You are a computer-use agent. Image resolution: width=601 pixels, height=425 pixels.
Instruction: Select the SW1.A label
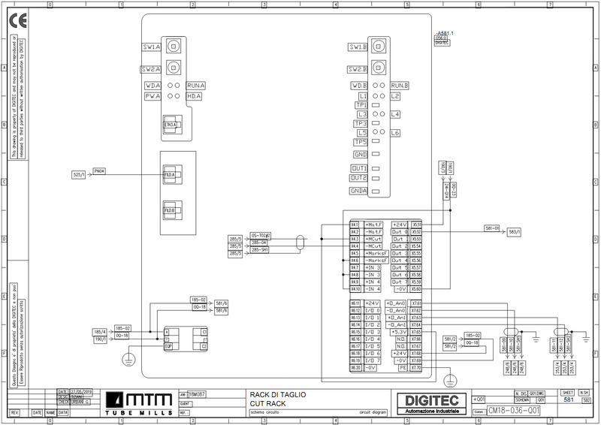pos(151,47)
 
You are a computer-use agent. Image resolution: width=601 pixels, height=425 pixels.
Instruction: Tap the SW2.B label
pos(358,68)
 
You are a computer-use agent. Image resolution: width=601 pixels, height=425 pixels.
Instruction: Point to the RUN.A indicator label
pos(196,86)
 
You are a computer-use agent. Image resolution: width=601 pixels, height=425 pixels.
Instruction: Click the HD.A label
pos(195,96)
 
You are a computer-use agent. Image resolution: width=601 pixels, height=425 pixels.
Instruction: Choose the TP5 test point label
pos(361,143)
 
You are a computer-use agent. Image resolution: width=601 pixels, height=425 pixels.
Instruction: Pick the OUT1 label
pos(359,168)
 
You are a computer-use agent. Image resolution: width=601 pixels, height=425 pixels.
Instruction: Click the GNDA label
pos(358,191)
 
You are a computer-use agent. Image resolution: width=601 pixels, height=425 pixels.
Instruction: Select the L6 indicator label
pos(395,132)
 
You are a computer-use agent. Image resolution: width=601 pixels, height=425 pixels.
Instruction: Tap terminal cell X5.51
pos(417,225)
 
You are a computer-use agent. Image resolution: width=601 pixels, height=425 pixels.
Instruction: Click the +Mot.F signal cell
pos(373,225)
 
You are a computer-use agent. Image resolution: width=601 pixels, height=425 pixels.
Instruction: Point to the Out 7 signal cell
pos(400,282)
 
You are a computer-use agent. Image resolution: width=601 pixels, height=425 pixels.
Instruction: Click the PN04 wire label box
pos(99,171)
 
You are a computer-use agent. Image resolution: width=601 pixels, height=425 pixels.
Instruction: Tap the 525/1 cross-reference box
pos(80,175)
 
